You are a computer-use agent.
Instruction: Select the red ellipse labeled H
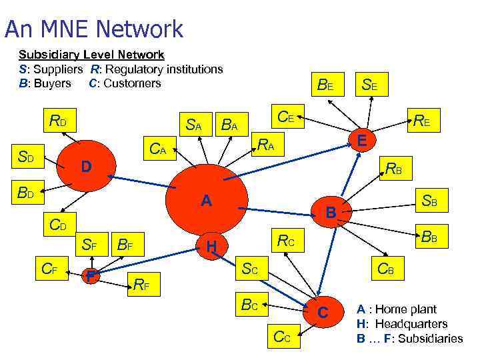coord(212,247)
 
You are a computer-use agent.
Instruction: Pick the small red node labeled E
coord(361,139)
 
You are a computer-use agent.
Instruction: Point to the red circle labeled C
coord(323,312)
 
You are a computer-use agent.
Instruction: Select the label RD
coord(58,121)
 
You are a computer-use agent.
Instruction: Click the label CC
coord(282,336)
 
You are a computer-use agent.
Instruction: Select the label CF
coord(49,270)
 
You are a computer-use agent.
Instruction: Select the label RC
coord(287,240)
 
